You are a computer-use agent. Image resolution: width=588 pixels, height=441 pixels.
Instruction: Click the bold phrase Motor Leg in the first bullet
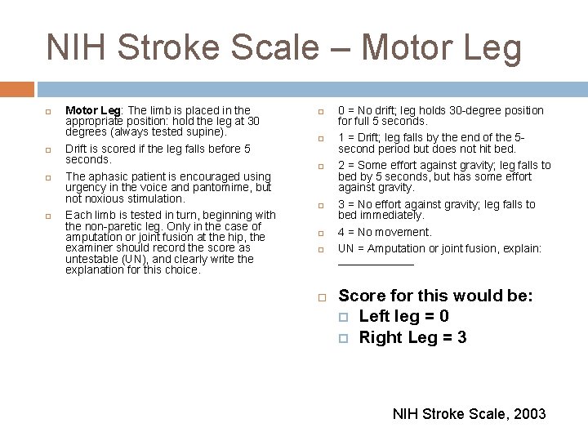pyautogui.click(x=92, y=110)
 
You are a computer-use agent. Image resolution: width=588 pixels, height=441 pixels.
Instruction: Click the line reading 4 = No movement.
pyautogui.click(x=385, y=232)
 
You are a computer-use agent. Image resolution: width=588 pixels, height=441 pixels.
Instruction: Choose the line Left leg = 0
pyautogui.click(x=403, y=316)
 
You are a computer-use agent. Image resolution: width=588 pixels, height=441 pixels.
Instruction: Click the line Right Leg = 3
pyautogui.click(x=412, y=337)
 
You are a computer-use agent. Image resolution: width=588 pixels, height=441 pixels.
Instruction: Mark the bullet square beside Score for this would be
pyautogui.click(x=322, y=296)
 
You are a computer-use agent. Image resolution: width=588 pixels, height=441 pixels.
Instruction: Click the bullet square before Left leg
pyautogui.click(x=344, y=317)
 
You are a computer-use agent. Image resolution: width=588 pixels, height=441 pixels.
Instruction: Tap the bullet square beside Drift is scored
pyautogui.click(x=48, y=149)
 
